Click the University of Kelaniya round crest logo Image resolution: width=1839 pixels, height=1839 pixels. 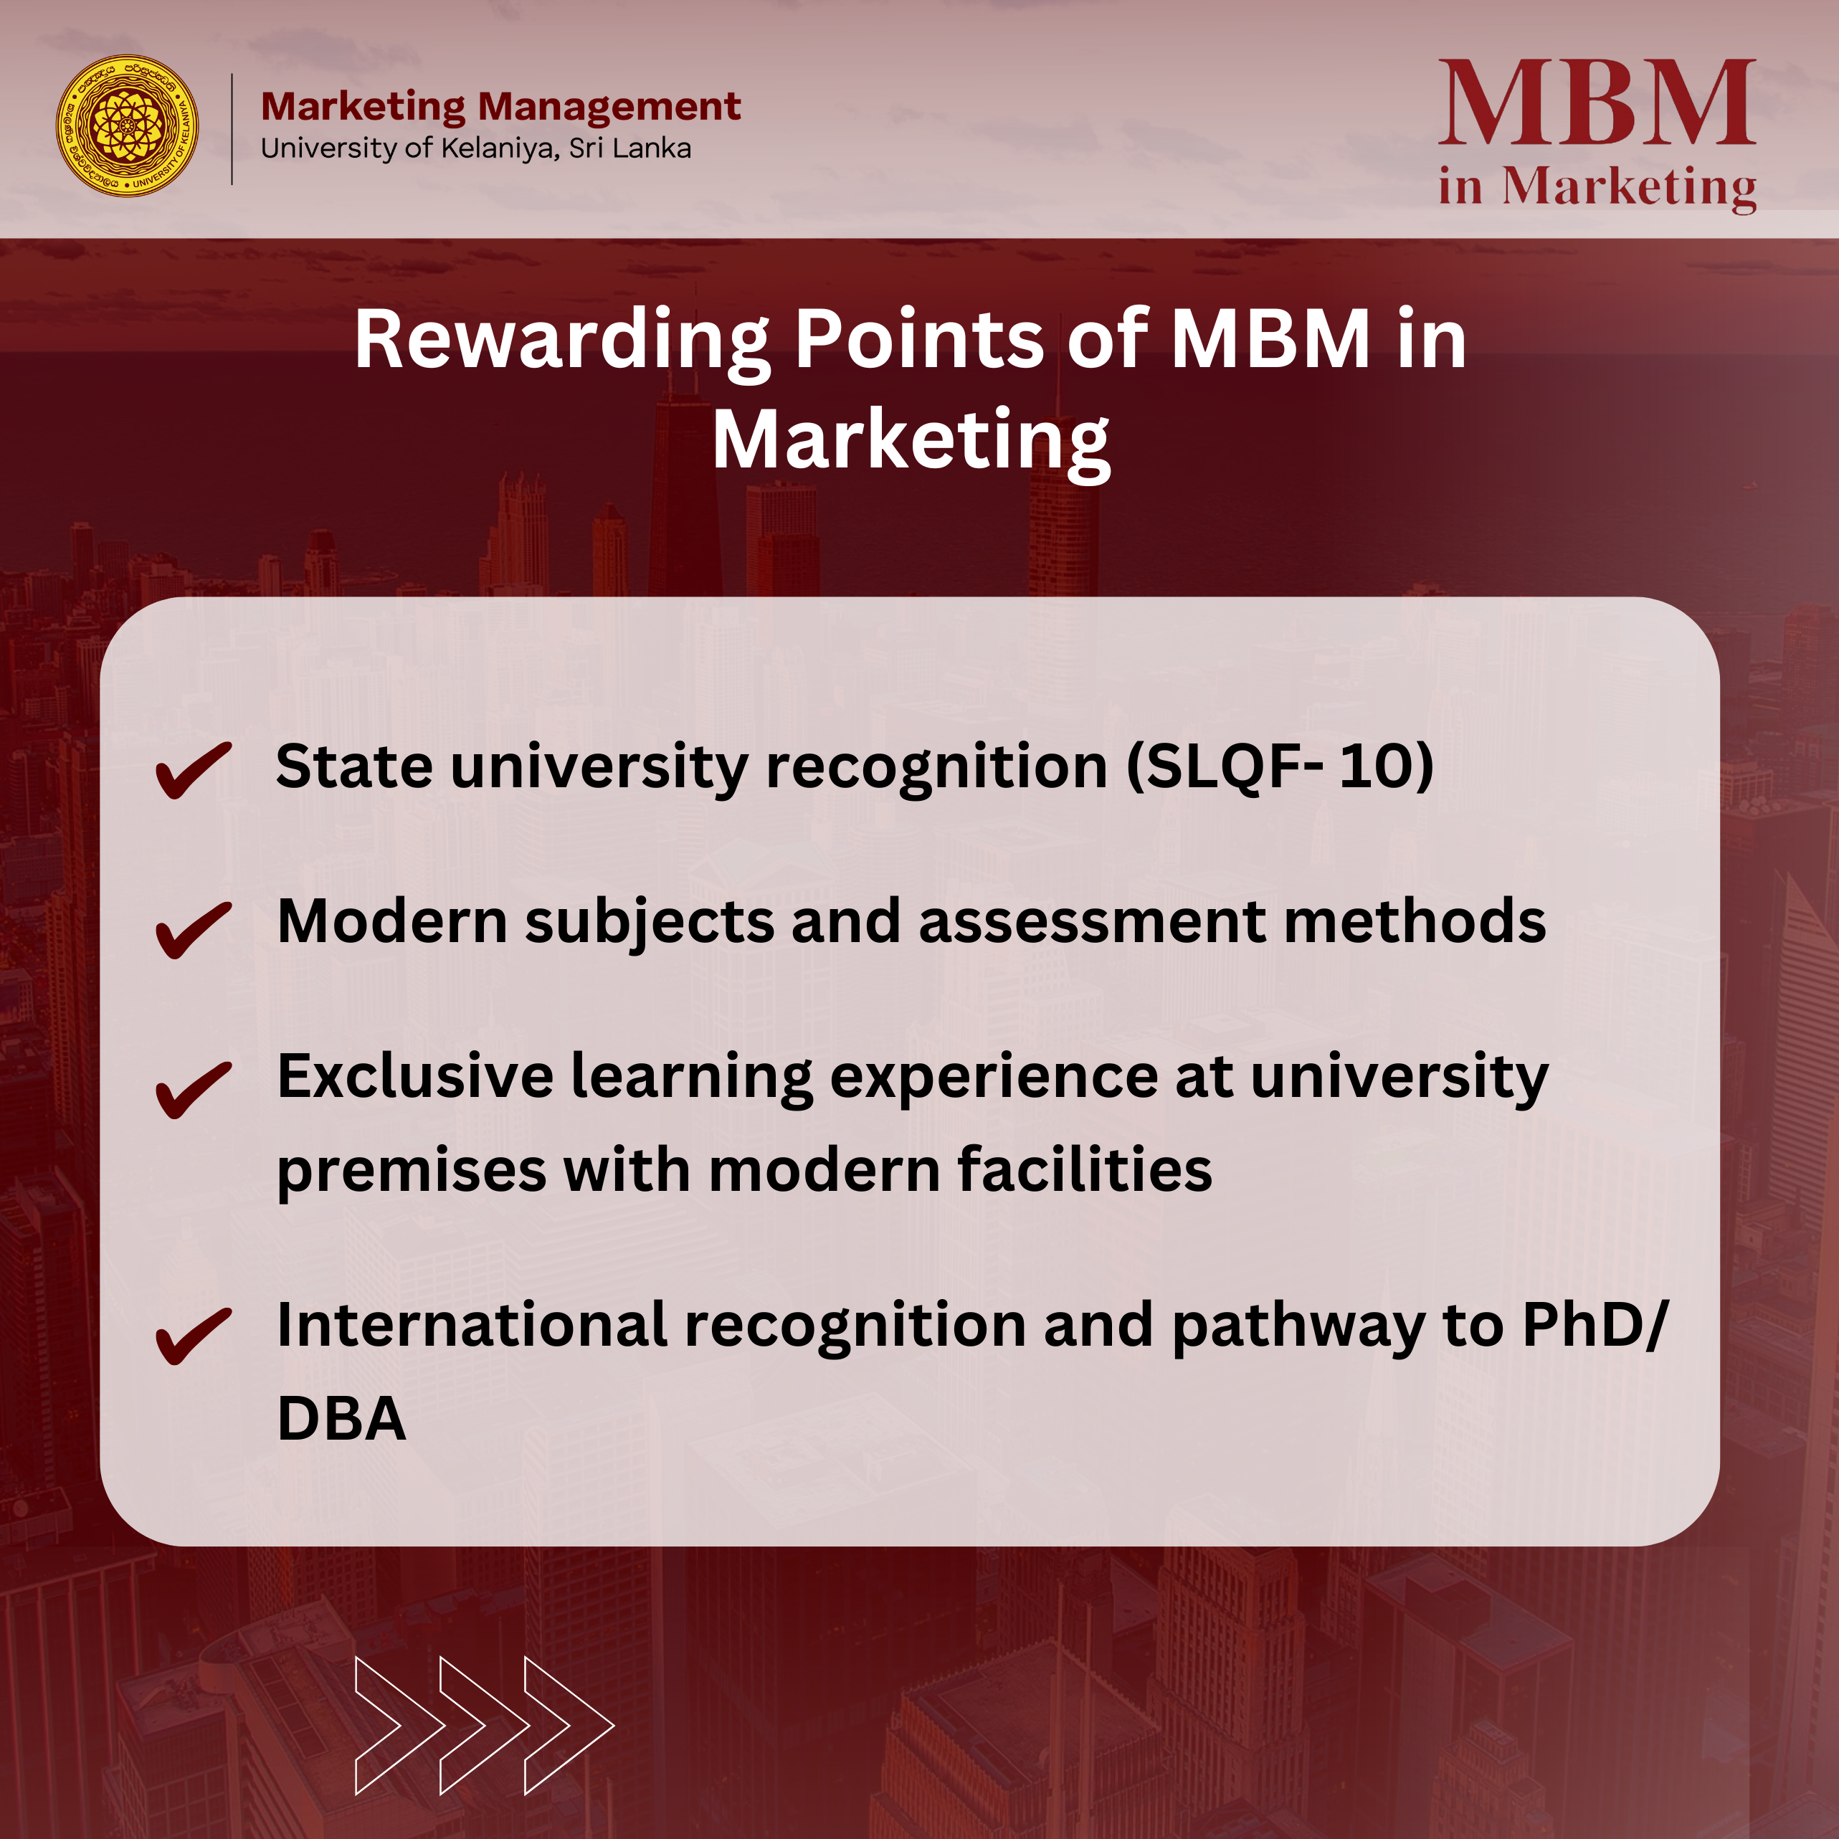(127, 125)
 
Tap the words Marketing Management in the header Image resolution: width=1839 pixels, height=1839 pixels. (500, 107)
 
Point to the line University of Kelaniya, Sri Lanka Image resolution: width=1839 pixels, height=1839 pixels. (476, 148)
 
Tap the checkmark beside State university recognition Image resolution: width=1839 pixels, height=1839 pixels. (194, 769)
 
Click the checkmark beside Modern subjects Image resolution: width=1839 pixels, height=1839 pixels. (194, 929)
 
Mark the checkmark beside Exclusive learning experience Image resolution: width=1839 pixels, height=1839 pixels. (194, 1089)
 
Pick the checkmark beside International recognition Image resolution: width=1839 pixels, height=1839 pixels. (194, 1336)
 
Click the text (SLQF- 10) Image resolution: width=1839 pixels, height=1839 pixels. (1280, 767)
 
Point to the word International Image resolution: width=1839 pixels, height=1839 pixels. (472, 1325)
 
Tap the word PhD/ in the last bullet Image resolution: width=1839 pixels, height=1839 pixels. (1596, 1325)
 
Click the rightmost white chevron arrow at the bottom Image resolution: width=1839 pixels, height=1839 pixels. (569, 1726)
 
